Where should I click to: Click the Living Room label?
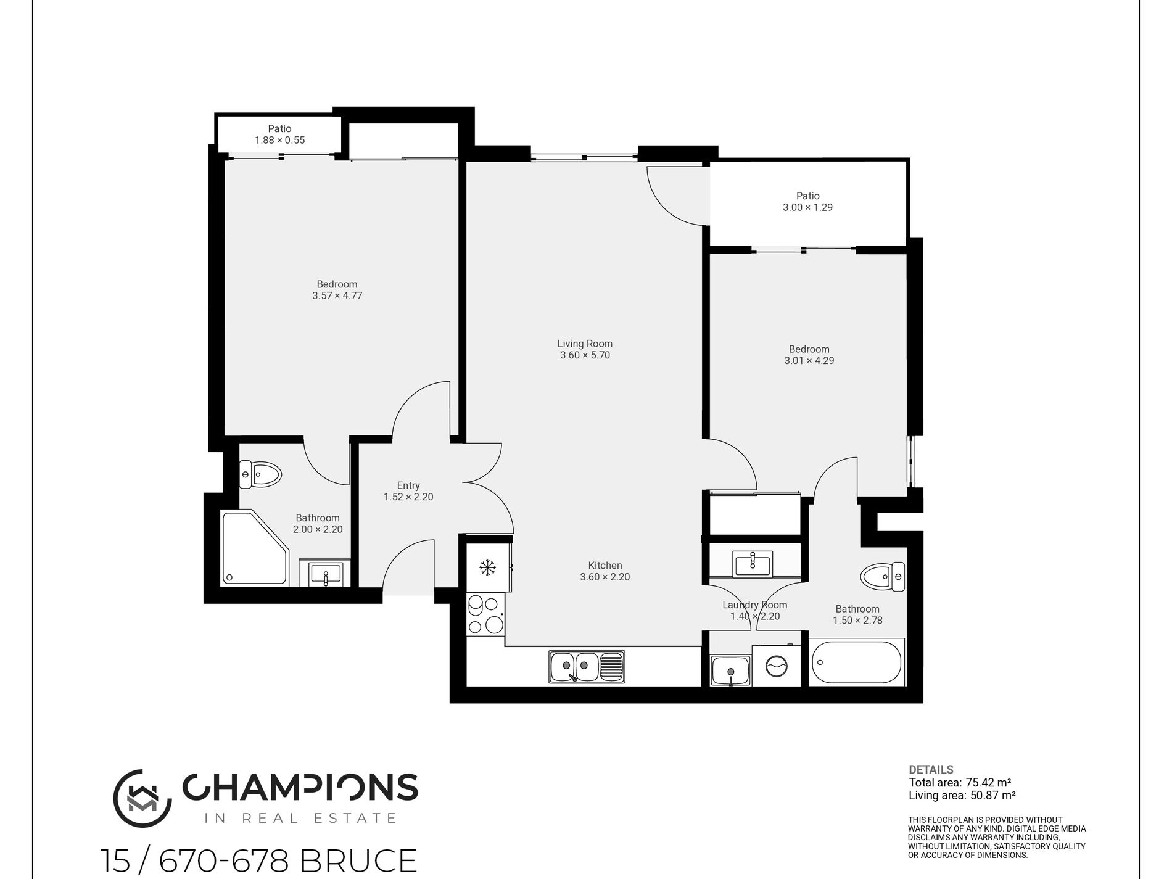tap(585, 344)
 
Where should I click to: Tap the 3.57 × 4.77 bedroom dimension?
tap(337, 295)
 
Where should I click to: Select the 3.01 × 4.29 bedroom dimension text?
tap(809, 360)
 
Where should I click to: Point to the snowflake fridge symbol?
tap(488, 567)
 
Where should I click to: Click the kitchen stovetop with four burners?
tap(485, 614)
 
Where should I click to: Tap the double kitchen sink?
tap(587, 667)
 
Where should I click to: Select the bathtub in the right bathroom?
tap(857, 662)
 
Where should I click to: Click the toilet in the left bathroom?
tap(260, 474)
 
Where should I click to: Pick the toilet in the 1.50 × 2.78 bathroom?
tap(883, 577)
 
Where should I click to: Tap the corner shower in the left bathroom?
tap(254, 548)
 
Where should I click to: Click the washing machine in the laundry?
tap(776, 666)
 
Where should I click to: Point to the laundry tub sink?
tap(731, 671)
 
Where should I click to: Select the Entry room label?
tap(408, 485)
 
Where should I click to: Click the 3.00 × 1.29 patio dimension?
tap(807, 207)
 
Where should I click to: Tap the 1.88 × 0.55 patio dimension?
tap(279, 140)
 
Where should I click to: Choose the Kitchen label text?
tap(605, 565)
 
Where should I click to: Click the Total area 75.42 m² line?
tap(960, 783)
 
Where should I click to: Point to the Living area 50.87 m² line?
tap(962, 796)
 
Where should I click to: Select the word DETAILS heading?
tap(931, 770)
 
